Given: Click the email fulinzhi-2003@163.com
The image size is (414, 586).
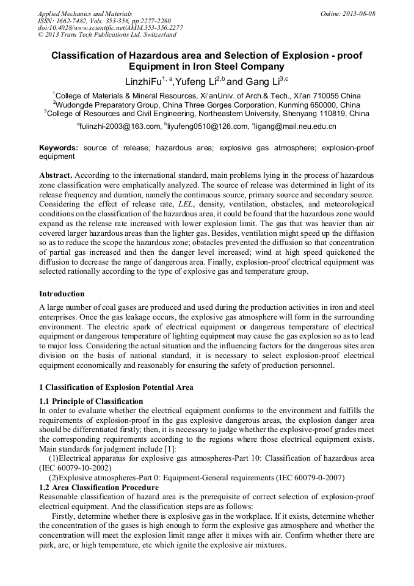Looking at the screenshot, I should click(118, 126).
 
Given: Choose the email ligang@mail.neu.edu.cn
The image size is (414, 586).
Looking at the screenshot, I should click(296, 126).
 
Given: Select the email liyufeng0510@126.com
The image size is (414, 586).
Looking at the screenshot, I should click(203, 126).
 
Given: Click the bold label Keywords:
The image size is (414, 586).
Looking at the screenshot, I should click(59, 148).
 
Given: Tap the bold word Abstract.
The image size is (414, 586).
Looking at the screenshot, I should click(56, 174).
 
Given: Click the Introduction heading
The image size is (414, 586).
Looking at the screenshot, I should click(62, 293).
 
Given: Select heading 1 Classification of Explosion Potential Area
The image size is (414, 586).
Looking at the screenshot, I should click(116, 387).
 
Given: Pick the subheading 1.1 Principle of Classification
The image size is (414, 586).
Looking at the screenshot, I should click(91, 401).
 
